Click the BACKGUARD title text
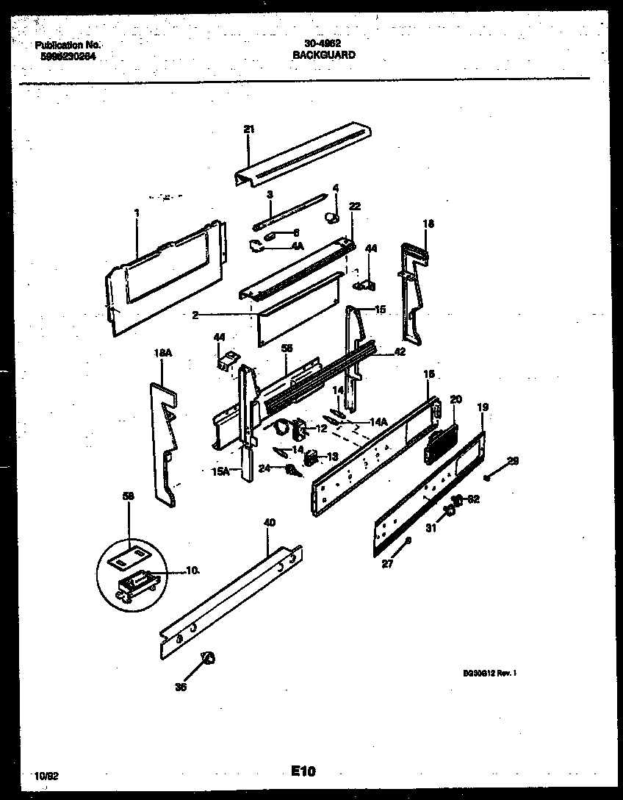(x=324, y=55)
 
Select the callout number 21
(x=249, y=129)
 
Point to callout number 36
(x=181, y=687)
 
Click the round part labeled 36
(x=208, y=657)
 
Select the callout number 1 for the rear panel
(x=137, y=213)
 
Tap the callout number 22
(x=355, y=207)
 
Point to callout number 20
(x=455, y=399)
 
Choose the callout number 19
(x=483, y=407)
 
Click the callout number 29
(x=513, y=461)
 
